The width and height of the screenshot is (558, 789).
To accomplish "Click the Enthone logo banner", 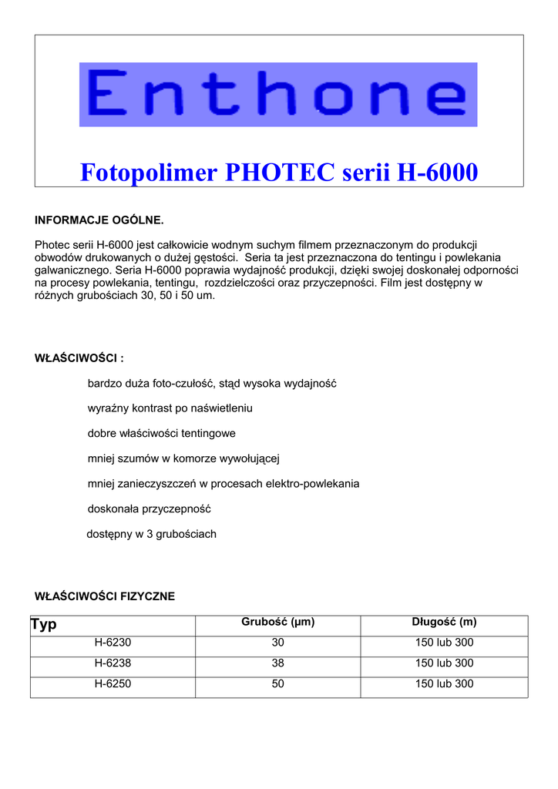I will (278, 94).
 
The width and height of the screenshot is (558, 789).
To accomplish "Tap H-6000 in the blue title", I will (437, 173).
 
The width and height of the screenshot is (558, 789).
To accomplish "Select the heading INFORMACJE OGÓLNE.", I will (99, 220).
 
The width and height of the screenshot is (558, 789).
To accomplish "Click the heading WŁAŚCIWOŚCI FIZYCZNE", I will (105, 596).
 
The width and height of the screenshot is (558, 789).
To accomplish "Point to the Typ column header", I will (44, 624).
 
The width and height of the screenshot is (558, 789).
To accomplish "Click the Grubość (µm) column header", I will (278, 623).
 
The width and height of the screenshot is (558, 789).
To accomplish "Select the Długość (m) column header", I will (444, 623).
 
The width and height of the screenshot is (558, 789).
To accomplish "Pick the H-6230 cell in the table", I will (113, 643).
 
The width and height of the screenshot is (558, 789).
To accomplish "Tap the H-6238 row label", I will (113, 663).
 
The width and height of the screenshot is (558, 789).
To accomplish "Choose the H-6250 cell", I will (113, 684).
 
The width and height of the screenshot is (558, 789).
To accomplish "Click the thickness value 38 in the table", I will (278, 663).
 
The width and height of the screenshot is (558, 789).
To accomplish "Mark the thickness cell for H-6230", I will (278, 643).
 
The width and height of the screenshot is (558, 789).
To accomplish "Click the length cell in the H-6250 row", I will (444, 684).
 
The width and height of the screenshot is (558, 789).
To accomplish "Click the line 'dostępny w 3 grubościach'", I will (151, 534).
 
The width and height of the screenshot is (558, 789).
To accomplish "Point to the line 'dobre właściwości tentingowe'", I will (161, 433).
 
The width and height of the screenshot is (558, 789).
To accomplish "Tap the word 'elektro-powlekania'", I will (312, 484).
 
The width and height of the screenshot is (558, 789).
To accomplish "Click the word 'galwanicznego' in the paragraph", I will (73, 270).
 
